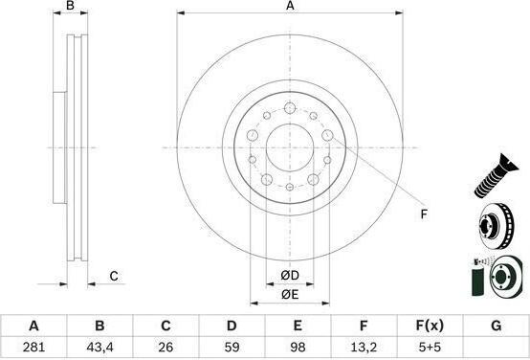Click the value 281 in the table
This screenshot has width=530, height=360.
(x=33, y=347)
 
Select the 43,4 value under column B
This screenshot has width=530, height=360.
(x=99, y=347)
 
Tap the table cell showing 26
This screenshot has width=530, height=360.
(x=166, y=347)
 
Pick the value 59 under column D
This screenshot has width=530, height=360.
(x=232, y=347)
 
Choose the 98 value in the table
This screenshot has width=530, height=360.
(x=298, y=347)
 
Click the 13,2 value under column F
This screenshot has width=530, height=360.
(x=364, y=347)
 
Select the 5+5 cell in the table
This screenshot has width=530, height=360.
(x=429, y=347)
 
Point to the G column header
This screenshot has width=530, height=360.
(x=496, y=326)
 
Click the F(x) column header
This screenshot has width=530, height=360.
(x=430, y=326)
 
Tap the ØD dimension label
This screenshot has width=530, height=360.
(x=290, y=276)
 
